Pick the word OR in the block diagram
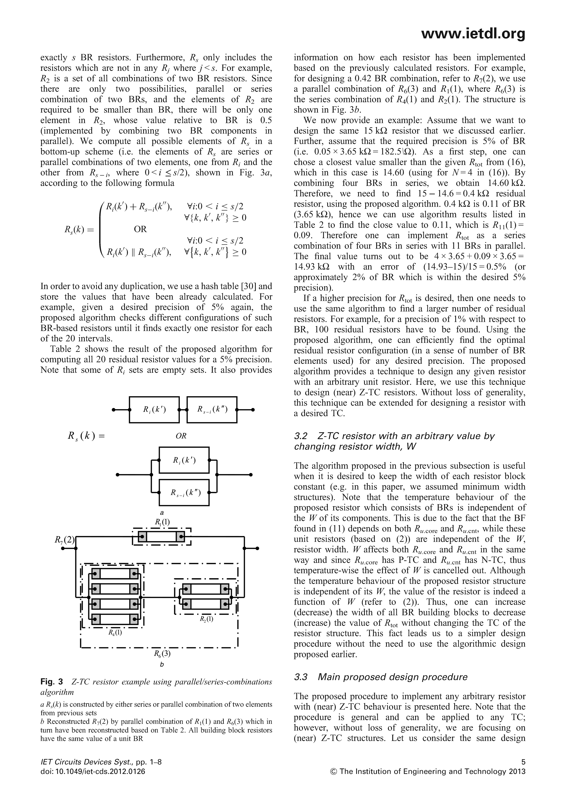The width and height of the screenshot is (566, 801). pos(181,436)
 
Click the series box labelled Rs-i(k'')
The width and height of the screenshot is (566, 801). pos(212,410)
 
